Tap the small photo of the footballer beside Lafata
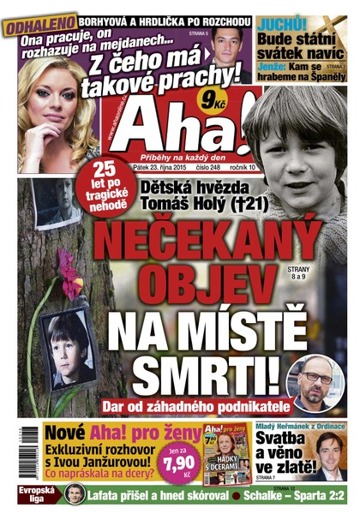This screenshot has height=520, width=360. pos(75,495)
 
